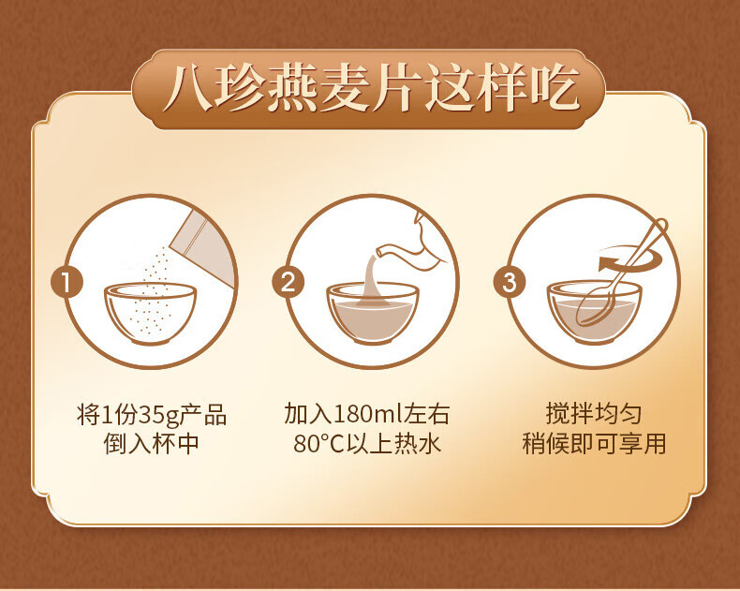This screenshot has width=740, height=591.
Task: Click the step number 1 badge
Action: (x=67, y=282)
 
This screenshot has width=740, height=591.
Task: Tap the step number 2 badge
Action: (x=288, y=282)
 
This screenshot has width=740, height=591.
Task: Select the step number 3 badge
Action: (x=510, y=282)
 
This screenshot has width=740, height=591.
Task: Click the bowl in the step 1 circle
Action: (x=150, y=313)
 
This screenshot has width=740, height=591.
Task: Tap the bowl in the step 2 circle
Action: (x=373, y=313)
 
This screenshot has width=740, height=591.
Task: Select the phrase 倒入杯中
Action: (x=152, y=444)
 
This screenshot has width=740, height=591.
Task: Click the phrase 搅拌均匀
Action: (x=594, y=414)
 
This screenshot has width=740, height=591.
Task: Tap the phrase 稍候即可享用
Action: (x=594, y=444)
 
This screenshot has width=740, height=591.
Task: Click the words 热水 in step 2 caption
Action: (x=418, y=444)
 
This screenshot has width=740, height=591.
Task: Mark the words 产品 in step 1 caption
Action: (x=202, y=416)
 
